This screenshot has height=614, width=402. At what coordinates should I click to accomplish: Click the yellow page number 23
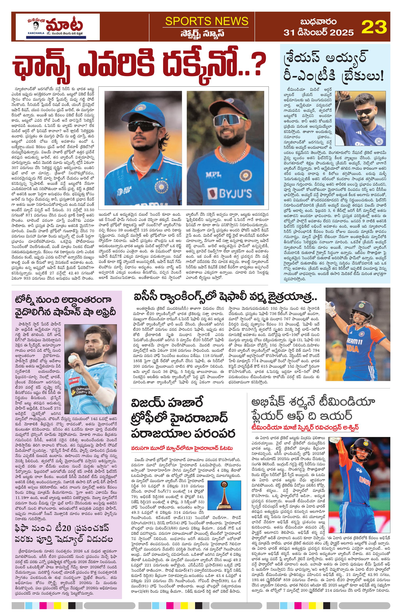click(x=374, y=27)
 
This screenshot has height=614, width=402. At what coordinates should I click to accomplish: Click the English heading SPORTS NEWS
click(x=207, y=21)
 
